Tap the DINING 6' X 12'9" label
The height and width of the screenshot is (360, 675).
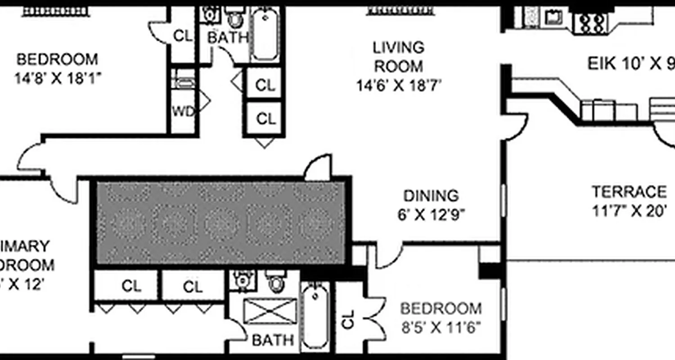pyautogui.click(x=431, y=205)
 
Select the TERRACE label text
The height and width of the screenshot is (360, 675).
pyautogui.click(x=629, y=192)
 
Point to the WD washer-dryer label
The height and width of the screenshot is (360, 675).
pyautogui.click(x=184, y=111)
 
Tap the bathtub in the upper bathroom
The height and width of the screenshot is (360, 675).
pyautogui.click(x=264, y=34)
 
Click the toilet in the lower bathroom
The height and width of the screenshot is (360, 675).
pyautogui.click(x=275, y=281)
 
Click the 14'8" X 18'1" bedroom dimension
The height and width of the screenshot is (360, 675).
pyautogui.click(x=57, y=79)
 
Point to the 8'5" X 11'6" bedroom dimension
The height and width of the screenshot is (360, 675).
pyautogui.click(x=441, y=327)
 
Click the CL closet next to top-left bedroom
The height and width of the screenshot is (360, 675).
pyautogui.click(x=183, y=36)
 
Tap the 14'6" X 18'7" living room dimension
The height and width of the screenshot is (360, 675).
pyautogui.click(x=399, y=85)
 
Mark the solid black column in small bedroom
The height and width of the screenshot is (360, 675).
pyautogui.click(x=490, y=270)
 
